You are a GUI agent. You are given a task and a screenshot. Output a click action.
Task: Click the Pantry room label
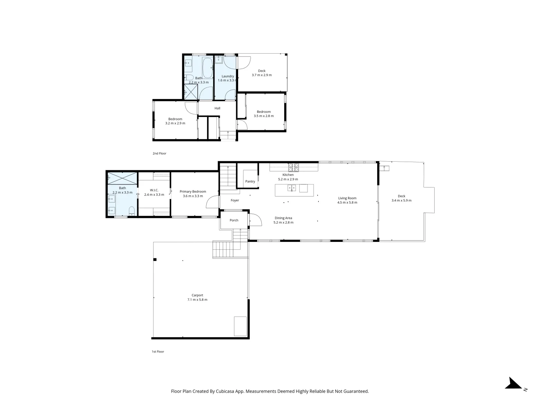click(250, 181)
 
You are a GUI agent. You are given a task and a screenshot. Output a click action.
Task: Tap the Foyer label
click(235, 200)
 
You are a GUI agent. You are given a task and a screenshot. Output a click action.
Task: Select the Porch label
click(234, 220)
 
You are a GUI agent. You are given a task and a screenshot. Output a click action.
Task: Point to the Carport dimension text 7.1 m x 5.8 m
click(197, 300)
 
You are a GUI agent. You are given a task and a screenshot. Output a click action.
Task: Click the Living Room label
click(347, 198)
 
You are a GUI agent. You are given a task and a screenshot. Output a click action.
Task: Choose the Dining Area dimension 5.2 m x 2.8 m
click(283, 222)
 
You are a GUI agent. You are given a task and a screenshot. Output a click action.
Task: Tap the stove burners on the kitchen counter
click(294, 168)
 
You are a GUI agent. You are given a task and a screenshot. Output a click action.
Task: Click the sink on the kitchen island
click(292, 188)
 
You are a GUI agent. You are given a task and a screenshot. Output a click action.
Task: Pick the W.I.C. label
click(154, 190)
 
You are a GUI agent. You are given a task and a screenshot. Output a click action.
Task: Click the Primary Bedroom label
click(193, 192)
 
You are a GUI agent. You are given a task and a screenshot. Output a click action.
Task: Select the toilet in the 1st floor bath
click(132, 211)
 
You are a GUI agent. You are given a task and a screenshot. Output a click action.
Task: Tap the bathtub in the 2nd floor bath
click(208, 67)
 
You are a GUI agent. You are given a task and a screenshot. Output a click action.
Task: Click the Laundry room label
click(228, 76)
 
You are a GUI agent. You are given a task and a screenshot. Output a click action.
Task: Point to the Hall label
click(217, 108)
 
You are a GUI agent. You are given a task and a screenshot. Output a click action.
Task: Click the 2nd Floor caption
click(159, 153)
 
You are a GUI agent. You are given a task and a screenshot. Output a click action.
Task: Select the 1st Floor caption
click(158, 352)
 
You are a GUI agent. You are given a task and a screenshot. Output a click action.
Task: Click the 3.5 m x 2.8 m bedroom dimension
click(264, 116)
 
